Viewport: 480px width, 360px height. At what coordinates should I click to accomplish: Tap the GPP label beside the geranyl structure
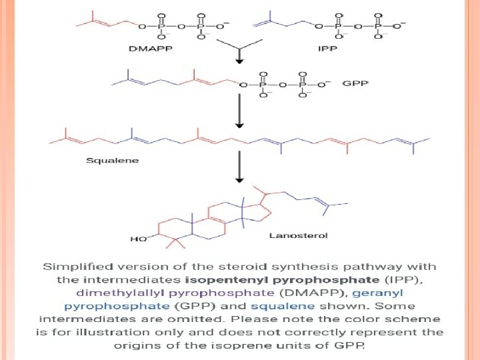click(355, 84)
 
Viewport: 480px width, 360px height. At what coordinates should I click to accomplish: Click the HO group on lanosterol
click(139, 237)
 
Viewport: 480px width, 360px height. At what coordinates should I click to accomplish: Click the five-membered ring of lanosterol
click(259, 211)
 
